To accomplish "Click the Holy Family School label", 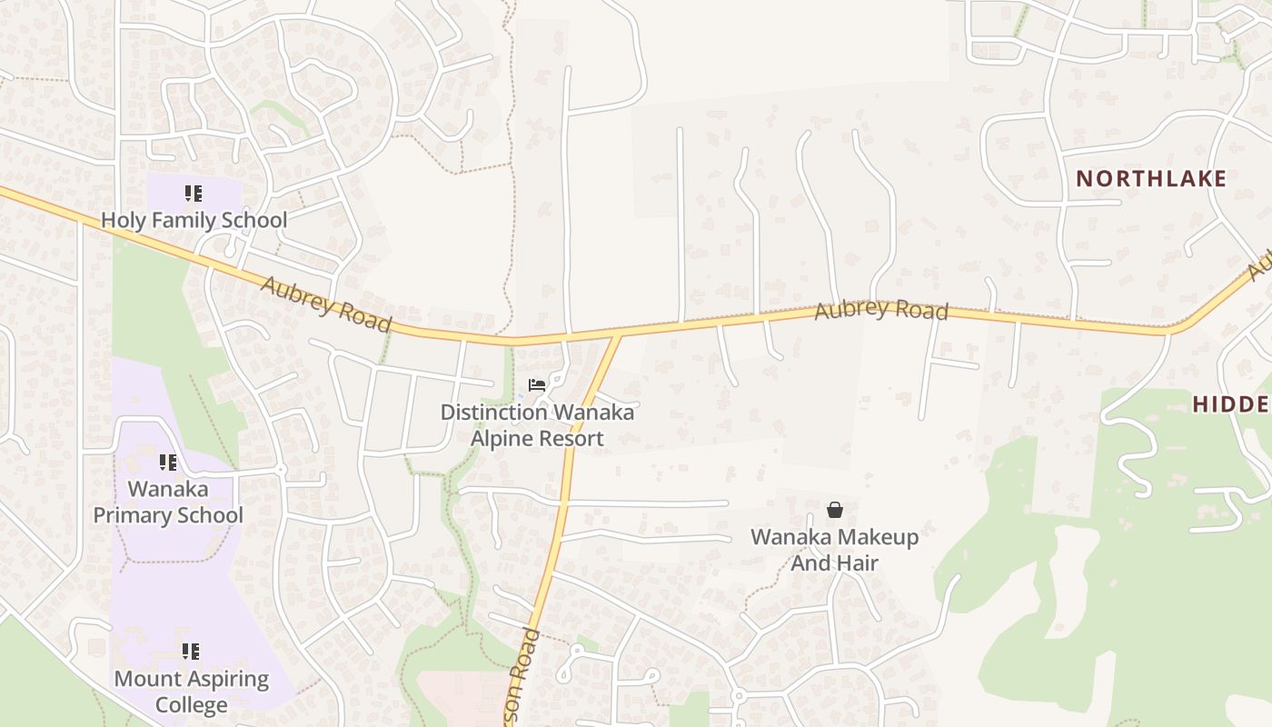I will click(x=194, y=220).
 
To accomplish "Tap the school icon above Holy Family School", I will click(x=193, y=194).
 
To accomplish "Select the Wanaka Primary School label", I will click(x=168, y=502).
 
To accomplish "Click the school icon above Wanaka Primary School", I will click(x=167, y=463).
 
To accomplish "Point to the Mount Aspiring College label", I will click(x=191, y=692).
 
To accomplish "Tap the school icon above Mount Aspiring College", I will click(x=191, y=651).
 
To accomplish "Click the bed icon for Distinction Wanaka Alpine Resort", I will click(x=537, y=385).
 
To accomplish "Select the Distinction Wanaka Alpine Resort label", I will click(x=537, y=425).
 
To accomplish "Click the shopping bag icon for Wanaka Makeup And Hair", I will click(x=834, y=510).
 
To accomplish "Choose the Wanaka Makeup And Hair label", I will click(x=834, y=550).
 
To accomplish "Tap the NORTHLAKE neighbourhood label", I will click(x=1151, y=179).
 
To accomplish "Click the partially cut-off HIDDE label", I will click(x=1231, y=404).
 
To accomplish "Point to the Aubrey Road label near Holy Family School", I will click(x=326, y=305).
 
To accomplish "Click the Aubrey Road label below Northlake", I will click(x=880, y=310).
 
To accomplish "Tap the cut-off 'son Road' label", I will click(x=522, y=677).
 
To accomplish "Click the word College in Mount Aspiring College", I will click(x=191, y=705).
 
